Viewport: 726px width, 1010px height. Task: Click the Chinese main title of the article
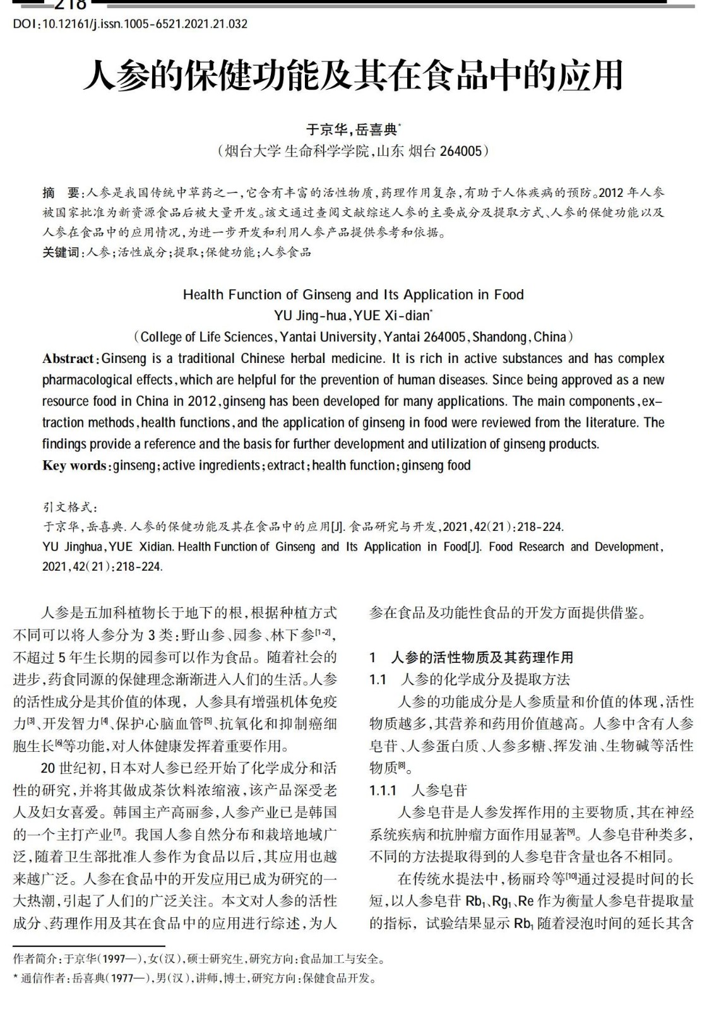[x=353, y=76]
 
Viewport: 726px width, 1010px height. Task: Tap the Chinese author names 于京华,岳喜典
[x=352, y=129]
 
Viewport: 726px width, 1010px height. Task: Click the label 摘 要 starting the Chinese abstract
[x=61, y=193]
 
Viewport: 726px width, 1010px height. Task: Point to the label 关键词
[x=61, y=252]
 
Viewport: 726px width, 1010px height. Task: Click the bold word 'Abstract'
[x=68, y=359]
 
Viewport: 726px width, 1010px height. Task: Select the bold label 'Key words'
[x=74, y=466]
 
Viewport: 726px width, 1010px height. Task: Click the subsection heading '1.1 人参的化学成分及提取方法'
[x=470, y=680]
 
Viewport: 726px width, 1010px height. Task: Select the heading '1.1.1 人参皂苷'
[x=418, y=790]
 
